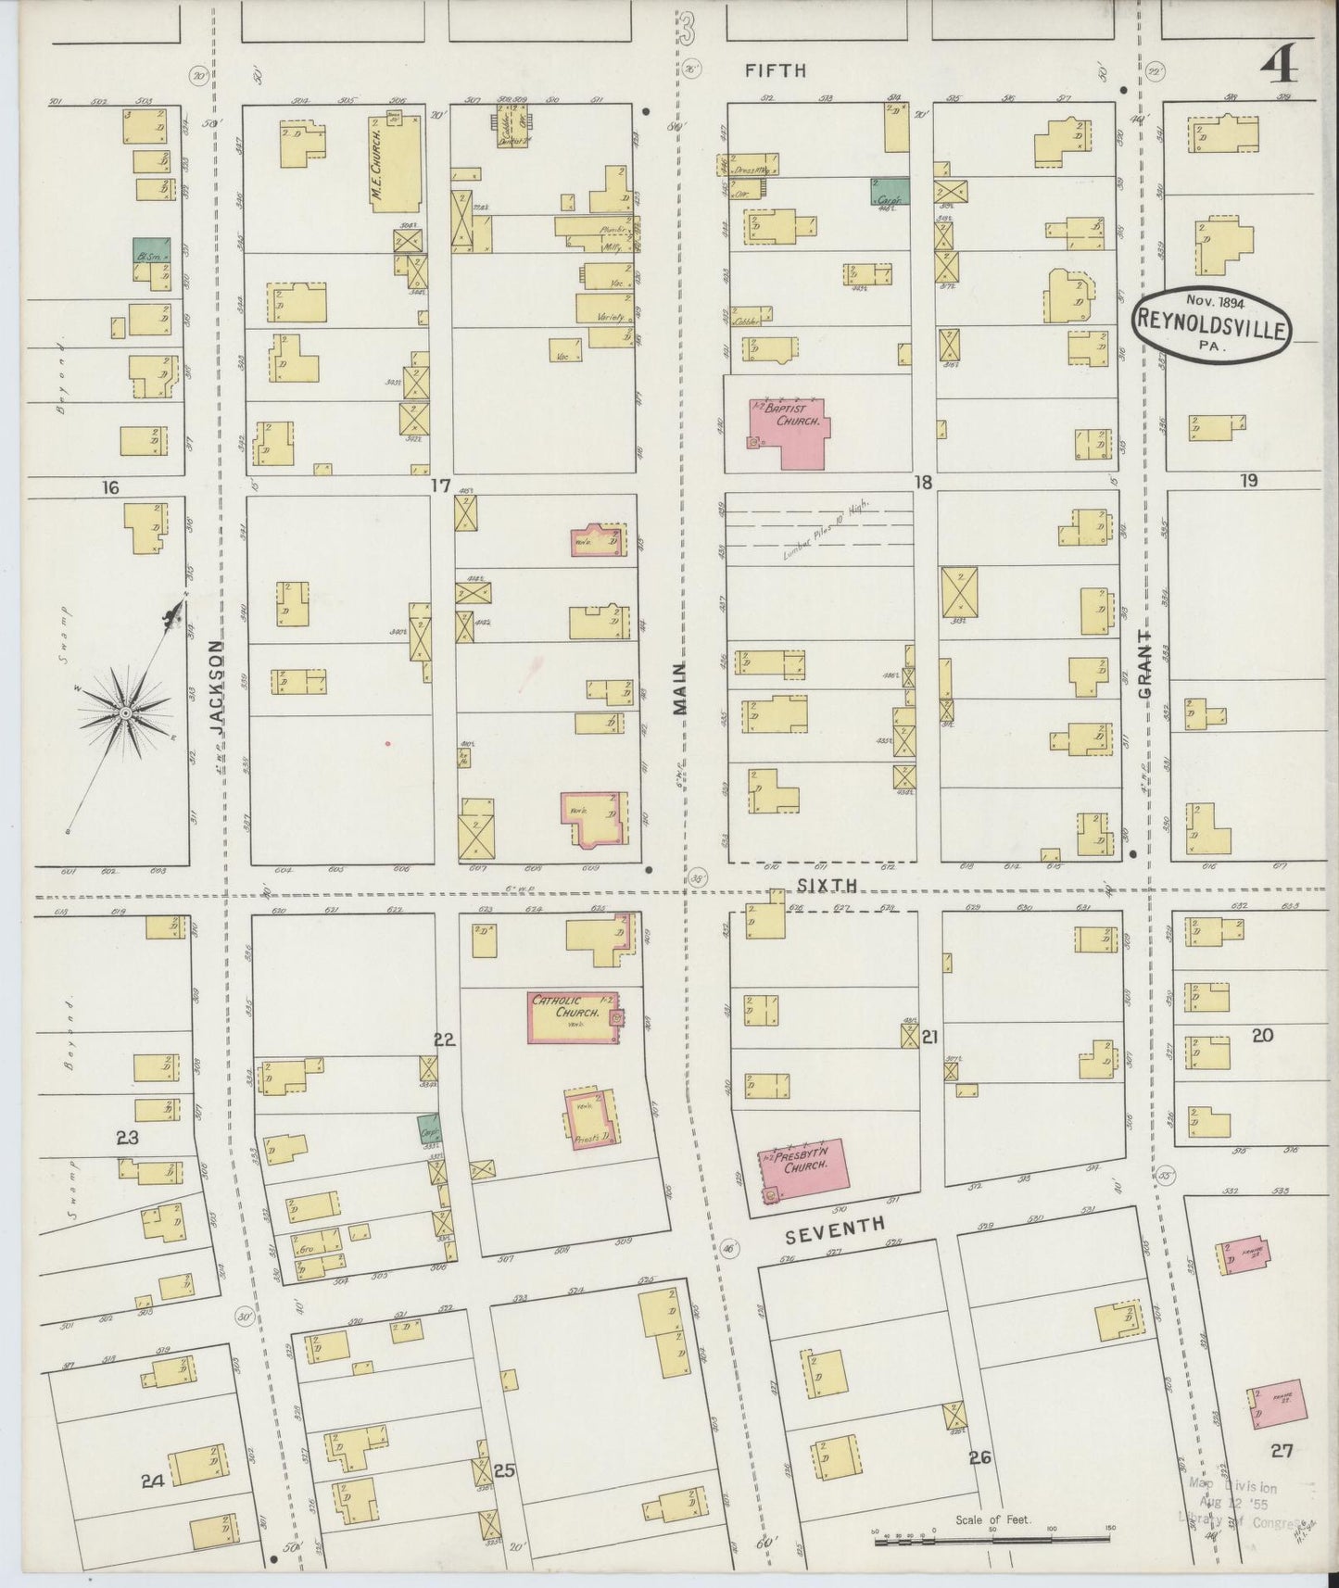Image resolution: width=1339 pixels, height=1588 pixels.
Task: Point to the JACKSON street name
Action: pyautogui.click(x=219, y=688)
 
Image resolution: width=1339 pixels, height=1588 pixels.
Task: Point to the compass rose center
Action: pyautogui.click(x=123, y=712)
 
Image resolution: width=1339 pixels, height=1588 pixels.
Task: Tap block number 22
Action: pyautogui.click(x=445, y=1040)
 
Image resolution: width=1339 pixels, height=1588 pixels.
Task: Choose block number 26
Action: pyautogui.click(x=979, y=1457)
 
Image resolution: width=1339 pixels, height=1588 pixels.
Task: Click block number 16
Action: pyautogui.click(x=110, y=487)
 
